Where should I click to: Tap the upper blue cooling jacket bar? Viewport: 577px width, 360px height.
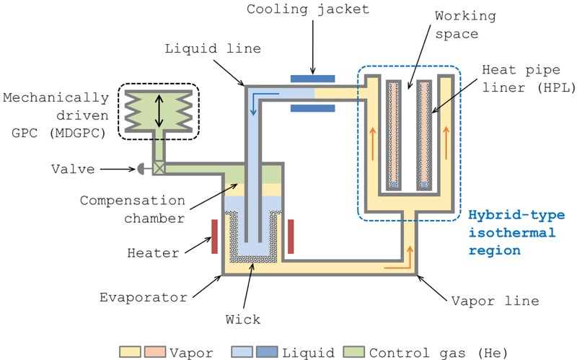(312, 77)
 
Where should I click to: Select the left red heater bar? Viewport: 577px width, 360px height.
(216, 236)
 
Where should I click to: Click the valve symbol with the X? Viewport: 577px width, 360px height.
(159, 170)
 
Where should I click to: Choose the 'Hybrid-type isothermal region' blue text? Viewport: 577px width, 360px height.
(512, 233)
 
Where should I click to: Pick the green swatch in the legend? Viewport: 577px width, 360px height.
(356, 353)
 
